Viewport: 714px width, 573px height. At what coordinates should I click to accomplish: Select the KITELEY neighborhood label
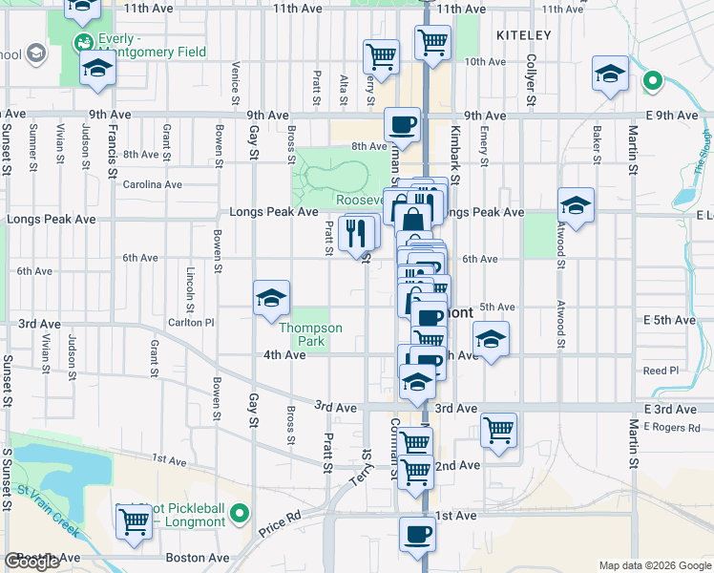(524, 34)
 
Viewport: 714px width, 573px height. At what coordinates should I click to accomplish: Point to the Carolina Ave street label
(151, 184)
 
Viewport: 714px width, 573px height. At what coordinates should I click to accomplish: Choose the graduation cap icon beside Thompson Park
(271, 299)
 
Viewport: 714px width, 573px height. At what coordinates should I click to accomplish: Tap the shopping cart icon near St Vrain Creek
(134, 520)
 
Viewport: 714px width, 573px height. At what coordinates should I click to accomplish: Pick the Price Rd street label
(279, 520)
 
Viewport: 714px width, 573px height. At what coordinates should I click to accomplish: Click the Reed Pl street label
(661, 371)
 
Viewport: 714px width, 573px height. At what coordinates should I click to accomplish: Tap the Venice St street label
(235, 81)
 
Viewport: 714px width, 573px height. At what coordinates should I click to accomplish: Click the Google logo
(31, 562)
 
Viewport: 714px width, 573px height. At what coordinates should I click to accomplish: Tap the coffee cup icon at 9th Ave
(402, 124)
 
